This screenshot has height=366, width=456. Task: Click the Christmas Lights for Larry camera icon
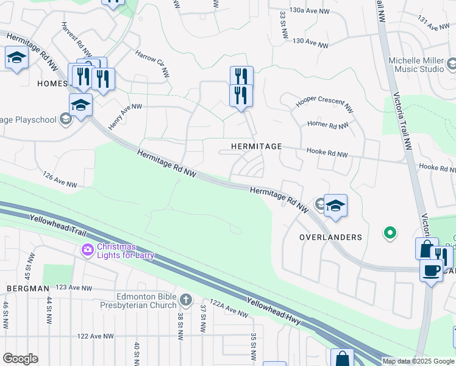88,249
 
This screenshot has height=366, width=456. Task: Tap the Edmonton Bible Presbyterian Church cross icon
186,300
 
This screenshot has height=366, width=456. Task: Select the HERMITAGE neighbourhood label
256,147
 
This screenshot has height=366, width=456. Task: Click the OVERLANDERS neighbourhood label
331,237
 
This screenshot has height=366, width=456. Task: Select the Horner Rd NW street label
327,125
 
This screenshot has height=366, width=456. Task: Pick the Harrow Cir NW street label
152,63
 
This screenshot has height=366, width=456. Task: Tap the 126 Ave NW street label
60,180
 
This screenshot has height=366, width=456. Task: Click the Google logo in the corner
21,359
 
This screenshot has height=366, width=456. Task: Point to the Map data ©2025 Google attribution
418,361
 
